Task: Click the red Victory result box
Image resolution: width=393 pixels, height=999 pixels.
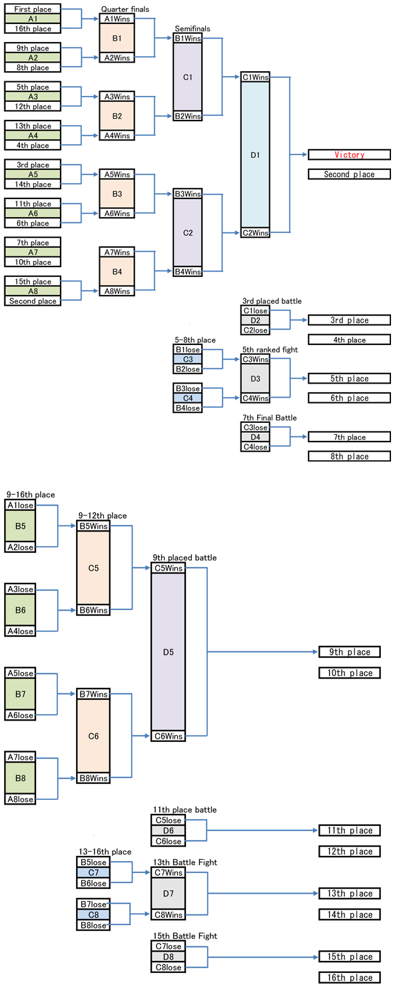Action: point(349,155)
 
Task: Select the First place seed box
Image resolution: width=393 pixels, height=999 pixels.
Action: point(33,9)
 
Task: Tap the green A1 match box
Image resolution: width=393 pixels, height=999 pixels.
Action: point(33,19)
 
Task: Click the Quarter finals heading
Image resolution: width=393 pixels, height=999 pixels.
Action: point(125,9)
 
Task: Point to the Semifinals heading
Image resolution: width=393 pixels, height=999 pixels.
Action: point(193,29)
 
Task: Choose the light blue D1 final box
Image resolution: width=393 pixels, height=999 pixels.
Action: point(255,155)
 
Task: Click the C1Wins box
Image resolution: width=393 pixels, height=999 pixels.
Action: point(255,77)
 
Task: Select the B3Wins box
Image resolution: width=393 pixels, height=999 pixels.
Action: point(188,194)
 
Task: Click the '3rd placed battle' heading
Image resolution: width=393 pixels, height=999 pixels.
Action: point(272,301)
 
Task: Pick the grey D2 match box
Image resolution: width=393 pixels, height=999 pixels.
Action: point(255,320)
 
